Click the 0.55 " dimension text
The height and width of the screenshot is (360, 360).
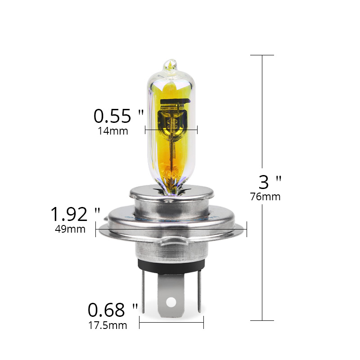pos(118,116)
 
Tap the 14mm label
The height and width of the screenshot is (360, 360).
pos(112,131)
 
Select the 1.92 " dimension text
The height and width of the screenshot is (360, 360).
pos(75,214)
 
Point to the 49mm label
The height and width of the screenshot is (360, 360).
pos(70,229)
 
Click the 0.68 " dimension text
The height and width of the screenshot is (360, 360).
pos(112,310)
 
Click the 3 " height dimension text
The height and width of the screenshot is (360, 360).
pos(270,182)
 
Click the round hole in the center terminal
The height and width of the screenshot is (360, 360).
pos(171,301)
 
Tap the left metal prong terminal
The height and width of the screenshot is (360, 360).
pos(142,288)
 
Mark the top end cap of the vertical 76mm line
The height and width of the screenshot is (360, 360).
pos(262,55)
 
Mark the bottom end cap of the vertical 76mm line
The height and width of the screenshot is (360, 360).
pos(262,320)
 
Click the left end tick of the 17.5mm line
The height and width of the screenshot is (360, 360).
pos(140,322)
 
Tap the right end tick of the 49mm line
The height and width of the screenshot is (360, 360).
pos(247,229)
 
